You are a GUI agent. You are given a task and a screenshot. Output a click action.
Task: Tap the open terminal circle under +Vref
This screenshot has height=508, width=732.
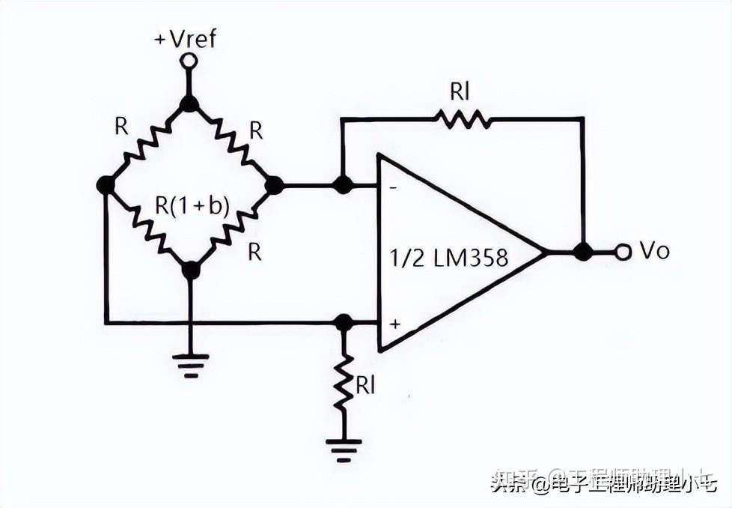tap(189, 61)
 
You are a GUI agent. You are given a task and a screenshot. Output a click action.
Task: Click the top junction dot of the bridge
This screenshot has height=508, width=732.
tap(189, 103)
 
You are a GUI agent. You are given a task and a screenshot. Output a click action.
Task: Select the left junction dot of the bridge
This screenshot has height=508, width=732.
tap(106, 184)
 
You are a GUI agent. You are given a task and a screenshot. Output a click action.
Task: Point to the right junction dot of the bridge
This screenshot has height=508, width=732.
tap(275, 184)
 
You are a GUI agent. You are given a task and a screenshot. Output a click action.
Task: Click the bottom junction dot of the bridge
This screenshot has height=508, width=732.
tap(191, 270)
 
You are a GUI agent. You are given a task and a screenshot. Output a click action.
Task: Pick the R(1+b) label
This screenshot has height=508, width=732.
tap(192, 205)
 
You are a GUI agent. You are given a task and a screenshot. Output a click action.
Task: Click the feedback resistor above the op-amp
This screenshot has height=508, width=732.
tap(463, 118)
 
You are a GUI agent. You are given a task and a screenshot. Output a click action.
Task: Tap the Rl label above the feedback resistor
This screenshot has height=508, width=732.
tap(460, 91)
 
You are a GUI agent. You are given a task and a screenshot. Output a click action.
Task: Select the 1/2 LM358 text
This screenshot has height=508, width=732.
tap(448, 258)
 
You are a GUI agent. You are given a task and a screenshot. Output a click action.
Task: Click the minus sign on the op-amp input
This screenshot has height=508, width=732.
tap(394, 187)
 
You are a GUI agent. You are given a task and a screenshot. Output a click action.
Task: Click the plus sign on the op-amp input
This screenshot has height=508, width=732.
tap(394, 324)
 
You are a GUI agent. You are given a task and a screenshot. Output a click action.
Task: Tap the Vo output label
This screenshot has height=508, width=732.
tap(654, 251)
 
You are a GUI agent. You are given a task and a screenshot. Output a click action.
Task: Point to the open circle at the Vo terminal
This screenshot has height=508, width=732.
tap(623, 253)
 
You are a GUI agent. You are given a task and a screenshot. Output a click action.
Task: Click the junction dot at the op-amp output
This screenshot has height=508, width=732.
tap(583, 253)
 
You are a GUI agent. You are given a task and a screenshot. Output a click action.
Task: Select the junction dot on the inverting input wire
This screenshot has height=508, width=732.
tap(343, 184)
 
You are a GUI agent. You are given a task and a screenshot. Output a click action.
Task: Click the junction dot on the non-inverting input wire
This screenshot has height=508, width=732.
tap(344, 323)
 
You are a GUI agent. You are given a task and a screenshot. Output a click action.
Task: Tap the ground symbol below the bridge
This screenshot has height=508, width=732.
tap(191, 364)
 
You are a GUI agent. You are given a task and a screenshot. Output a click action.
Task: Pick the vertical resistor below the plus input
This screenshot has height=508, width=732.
tap(344, 382)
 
